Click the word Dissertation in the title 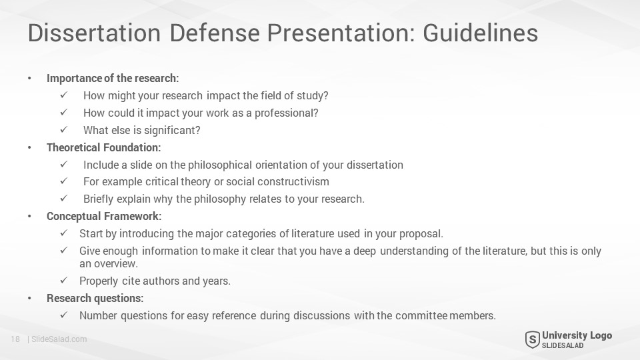point(94,33)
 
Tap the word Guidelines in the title point(481,33)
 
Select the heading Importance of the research point(113,78)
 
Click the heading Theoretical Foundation point(104,147)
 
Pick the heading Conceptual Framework point(104,216)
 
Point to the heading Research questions point(95,299)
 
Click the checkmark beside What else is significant point(64,130)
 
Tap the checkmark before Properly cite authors point(64,281)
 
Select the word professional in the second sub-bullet point(286,113)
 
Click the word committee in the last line point(421,315)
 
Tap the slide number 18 point(15,339)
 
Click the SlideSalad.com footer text point(59,339)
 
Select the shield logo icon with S point(532,340)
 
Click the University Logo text point(577,335)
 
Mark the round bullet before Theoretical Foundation point(29,148)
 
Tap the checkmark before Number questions point(64,315)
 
